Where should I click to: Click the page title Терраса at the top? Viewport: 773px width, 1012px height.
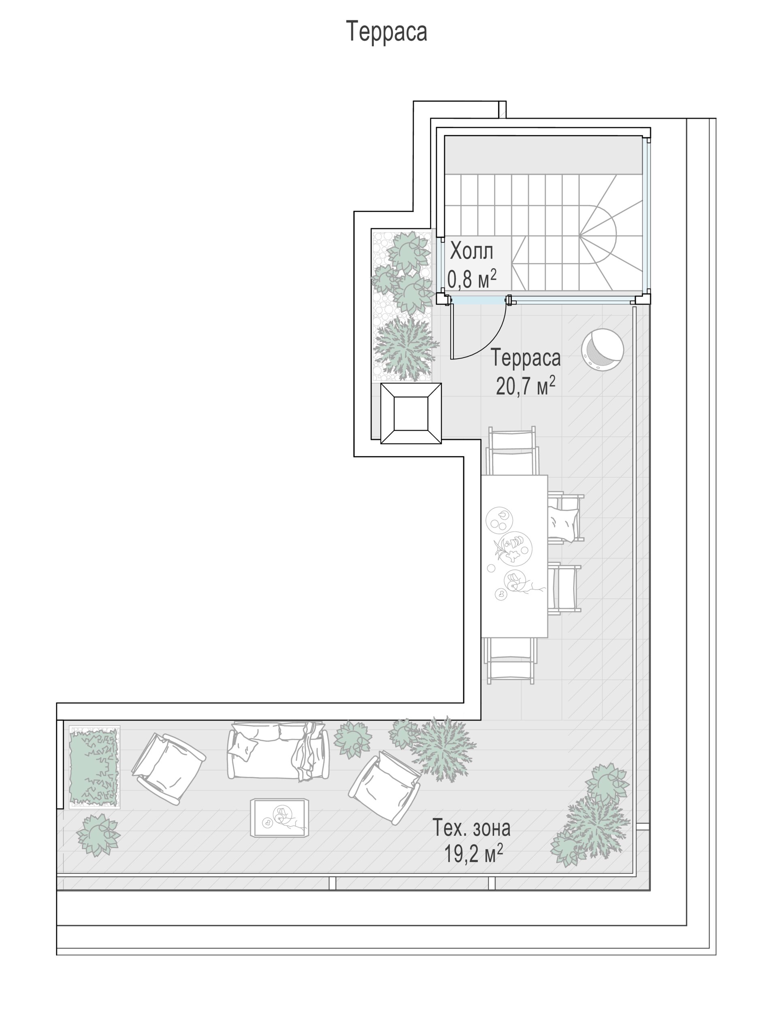pyautogui.click(x=386, y=31)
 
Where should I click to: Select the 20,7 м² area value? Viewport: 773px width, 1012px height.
pyautogui.click(x=526, y=385)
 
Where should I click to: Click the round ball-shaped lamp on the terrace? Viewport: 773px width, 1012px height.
pyautogui.click(x=602, y=349)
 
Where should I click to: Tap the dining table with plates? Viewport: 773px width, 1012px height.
pyautogui.click(x=514, y=556)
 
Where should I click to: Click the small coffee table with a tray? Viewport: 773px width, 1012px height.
pyautogui.click(x=279, y=817)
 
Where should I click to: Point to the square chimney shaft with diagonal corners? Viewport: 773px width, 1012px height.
pyautogui.click(x=411, y=414)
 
